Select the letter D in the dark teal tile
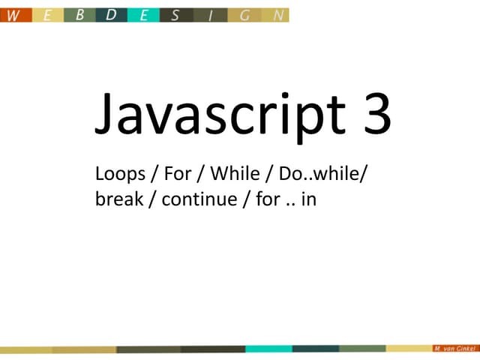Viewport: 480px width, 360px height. pyautogui.click(x=110, y=15)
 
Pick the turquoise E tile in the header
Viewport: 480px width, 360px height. pyautogui.click(x=143, y=15)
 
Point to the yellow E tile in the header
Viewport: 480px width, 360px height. pyautogui.click(x=47, y=15)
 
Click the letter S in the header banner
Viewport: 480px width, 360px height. pyautogui.click(x=175, y=15)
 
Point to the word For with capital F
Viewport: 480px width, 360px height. pyautogui.click(x=178, y=175)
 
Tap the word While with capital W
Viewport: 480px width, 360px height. pyautogui.click(x=234, y=175)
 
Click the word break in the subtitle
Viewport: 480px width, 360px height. pyautogui.click(x=118, y=200)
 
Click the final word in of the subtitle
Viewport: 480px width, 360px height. pyautogui.click(x=308, y=200)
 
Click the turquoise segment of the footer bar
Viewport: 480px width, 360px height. pyautogui.click(x=268, y=349)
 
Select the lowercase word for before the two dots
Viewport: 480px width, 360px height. pyautogui.click(x=267, y=200)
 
